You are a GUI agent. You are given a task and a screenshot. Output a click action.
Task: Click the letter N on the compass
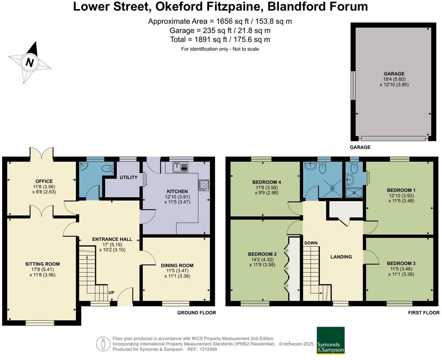(30, 62)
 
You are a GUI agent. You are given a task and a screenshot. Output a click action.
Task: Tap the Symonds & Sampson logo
(330, 340)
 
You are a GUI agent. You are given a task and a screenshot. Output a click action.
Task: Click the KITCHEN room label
(177, 191)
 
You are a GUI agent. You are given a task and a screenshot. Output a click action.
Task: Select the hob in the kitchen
(204, 185)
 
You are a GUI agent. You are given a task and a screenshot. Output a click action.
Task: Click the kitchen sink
(180, 167)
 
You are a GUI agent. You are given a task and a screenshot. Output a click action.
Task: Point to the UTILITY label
(128, 177)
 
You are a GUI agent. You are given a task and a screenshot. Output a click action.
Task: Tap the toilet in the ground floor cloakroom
(108, 168)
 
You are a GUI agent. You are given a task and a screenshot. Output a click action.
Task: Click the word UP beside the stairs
(111, 293)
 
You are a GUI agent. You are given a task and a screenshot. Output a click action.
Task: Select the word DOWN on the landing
(311, 243)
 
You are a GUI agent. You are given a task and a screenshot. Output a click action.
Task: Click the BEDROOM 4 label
(267, 182)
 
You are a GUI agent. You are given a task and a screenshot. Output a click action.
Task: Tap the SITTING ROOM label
(42, 264)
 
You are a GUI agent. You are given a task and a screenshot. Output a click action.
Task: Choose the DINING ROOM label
(177, 265)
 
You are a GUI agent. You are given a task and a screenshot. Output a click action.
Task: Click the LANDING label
(341, 257)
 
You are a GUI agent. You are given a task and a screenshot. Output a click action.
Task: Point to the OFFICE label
(44, 181)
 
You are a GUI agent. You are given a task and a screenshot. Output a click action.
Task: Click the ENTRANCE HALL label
(112, 239)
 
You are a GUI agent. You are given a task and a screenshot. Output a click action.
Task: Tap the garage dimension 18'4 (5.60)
(394, 79)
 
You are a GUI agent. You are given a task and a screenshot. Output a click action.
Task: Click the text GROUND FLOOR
(197, 313)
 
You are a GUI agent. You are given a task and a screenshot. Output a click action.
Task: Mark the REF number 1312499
(208, 349)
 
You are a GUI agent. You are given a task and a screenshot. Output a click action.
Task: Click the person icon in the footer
(103, 344)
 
